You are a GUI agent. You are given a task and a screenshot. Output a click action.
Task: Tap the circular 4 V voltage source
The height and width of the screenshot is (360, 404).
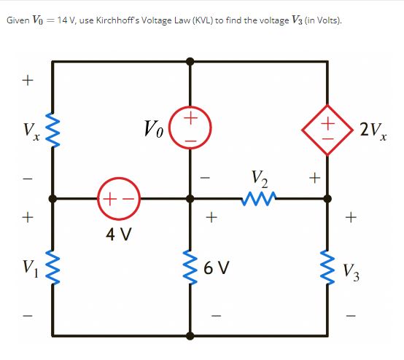click(x=117, y=197)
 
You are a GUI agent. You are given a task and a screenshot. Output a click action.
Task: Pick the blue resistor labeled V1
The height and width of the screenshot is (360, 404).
click(x=53, y=267)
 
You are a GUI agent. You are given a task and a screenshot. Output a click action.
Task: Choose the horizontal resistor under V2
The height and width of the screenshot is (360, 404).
click(x=258, y=197)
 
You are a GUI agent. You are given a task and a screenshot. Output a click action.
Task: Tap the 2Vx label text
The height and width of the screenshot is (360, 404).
click(x=373, y=130)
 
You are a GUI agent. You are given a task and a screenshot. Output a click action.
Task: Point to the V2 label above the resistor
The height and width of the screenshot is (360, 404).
click(x=258, y=177)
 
